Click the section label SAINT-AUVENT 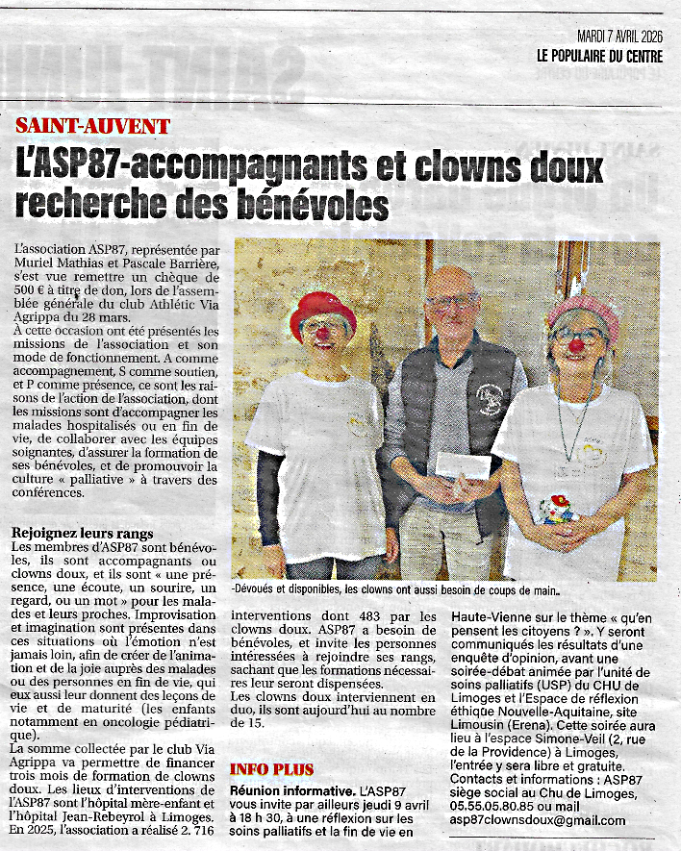93,126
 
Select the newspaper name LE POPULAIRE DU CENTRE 599,57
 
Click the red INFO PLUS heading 272,769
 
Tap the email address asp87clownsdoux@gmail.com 538,820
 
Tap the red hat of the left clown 322,311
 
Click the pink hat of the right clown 583,312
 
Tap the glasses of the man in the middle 452,302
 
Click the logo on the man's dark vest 489,397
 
